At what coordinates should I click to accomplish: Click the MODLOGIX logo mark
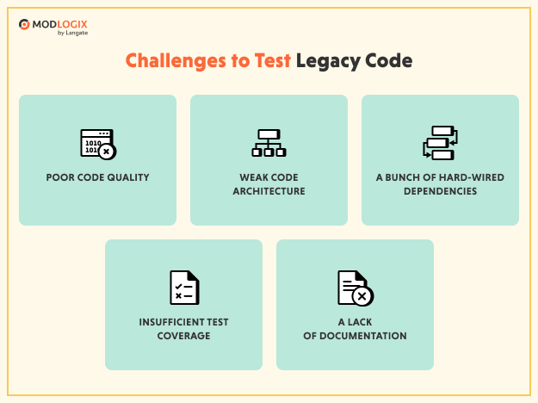[24, 24]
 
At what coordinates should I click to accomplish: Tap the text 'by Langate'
[72, 34]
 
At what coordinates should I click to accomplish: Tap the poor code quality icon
[97, 143]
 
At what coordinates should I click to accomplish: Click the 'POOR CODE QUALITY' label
[97, 177]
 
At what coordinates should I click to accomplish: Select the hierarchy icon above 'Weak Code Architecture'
[269, 143]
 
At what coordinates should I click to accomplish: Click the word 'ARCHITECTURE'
[269, 190]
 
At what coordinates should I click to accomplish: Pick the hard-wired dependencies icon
[440, 143]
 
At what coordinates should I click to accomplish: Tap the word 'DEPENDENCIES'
[440, 190]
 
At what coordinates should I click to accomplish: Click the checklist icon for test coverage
[183, 287]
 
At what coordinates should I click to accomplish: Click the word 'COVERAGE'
[183, 335]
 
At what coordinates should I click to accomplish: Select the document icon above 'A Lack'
[353, 287]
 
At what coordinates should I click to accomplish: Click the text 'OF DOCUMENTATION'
[355, 335]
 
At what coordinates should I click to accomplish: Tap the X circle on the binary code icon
[106, 152]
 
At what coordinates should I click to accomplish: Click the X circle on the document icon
[362, 297]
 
